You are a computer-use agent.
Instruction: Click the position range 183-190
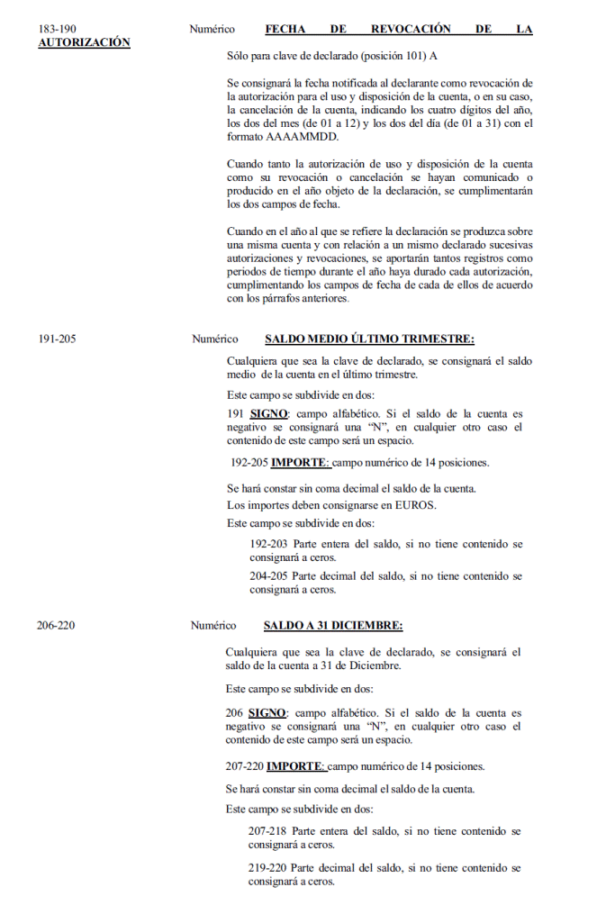57,30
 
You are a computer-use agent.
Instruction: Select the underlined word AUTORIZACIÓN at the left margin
84,43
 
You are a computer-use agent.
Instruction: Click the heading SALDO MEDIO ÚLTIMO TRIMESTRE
369,339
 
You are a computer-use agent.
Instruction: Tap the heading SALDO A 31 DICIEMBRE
332,625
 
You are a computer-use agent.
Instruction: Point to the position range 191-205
57,339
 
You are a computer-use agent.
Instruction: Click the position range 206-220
56,625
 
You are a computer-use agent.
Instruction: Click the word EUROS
415,505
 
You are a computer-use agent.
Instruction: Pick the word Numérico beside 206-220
213,625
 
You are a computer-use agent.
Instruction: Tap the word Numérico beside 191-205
214,339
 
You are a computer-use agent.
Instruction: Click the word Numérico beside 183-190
213,30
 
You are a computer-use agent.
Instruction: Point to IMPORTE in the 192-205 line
301,463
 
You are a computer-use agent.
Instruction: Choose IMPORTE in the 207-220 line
295,766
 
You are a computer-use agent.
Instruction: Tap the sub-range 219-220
267,868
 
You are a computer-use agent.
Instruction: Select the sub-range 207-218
267,831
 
